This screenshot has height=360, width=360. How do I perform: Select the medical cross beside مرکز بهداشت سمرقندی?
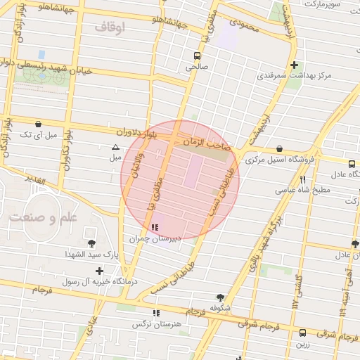pos(302,64)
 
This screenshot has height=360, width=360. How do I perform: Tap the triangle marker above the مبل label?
pos(115,147)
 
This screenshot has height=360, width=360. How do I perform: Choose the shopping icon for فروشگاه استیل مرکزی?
pos(281,149)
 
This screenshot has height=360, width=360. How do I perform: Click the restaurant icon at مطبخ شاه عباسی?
pos(302,179)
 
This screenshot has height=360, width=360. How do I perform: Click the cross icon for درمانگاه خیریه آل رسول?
pos(99,270)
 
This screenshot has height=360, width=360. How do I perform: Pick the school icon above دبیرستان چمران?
pos(155,227)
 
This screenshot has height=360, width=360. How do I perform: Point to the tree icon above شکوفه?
pos(221,297)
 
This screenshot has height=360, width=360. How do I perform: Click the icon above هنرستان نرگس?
pos(155,313)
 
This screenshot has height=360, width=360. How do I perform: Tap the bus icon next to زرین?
pos(302,333)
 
